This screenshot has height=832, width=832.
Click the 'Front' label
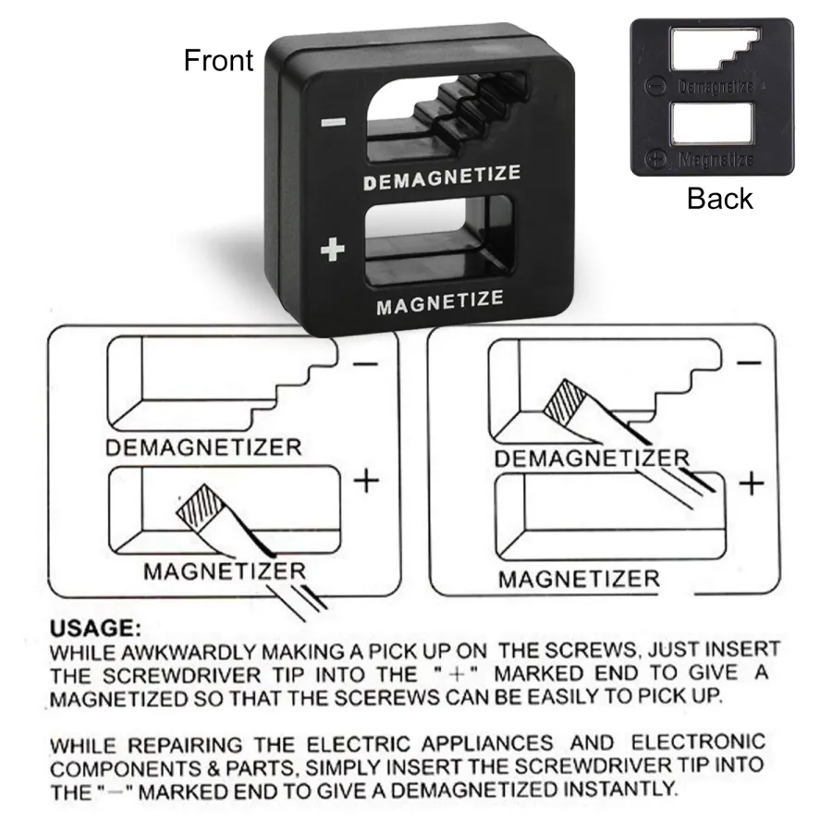218,60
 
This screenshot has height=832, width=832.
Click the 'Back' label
719,199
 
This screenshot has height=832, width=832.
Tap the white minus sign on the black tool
333,123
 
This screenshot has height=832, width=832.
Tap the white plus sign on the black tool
333,250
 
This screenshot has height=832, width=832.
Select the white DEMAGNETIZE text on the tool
442,177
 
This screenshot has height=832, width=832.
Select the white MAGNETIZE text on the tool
440,302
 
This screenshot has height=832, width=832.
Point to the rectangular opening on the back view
712,123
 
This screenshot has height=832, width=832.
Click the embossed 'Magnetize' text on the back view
716,159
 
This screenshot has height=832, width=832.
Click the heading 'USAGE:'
95,629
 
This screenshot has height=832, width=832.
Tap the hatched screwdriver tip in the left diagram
199,507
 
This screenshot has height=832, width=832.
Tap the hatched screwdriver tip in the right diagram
564,402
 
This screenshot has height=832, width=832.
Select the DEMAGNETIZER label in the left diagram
203,447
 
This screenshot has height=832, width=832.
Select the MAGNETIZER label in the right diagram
579,579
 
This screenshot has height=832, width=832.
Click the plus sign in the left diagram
366,482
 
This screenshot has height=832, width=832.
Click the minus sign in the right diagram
749,363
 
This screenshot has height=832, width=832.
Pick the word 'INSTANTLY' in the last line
621,789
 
